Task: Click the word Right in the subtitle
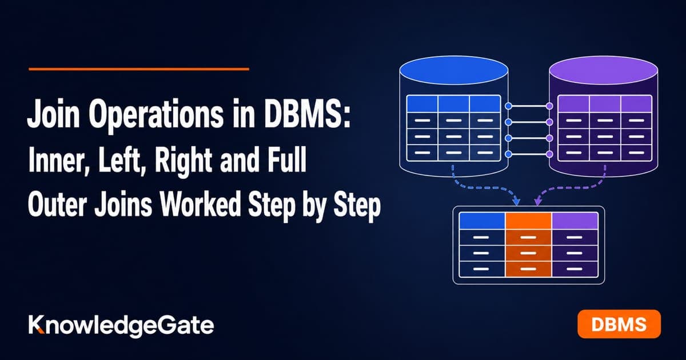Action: tap(183, 162)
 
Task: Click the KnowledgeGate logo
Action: tap(121, 326)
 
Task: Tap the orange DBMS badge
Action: tap(619, 324)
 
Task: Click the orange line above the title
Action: tap(139, 69)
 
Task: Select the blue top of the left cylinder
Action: tap(454, 70)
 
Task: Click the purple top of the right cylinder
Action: tap(604, 70)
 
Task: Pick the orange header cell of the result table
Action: tap(529, 221)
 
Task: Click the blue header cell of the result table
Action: tap(482, 221)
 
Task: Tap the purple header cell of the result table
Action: tap(575, 221)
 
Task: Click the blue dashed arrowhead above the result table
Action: tap(516, 202)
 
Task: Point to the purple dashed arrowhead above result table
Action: tap(537, 202)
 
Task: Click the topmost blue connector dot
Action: tap(508, 106)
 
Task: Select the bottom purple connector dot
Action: tap(550, 154)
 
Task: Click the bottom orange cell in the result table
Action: tap(529, 269)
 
